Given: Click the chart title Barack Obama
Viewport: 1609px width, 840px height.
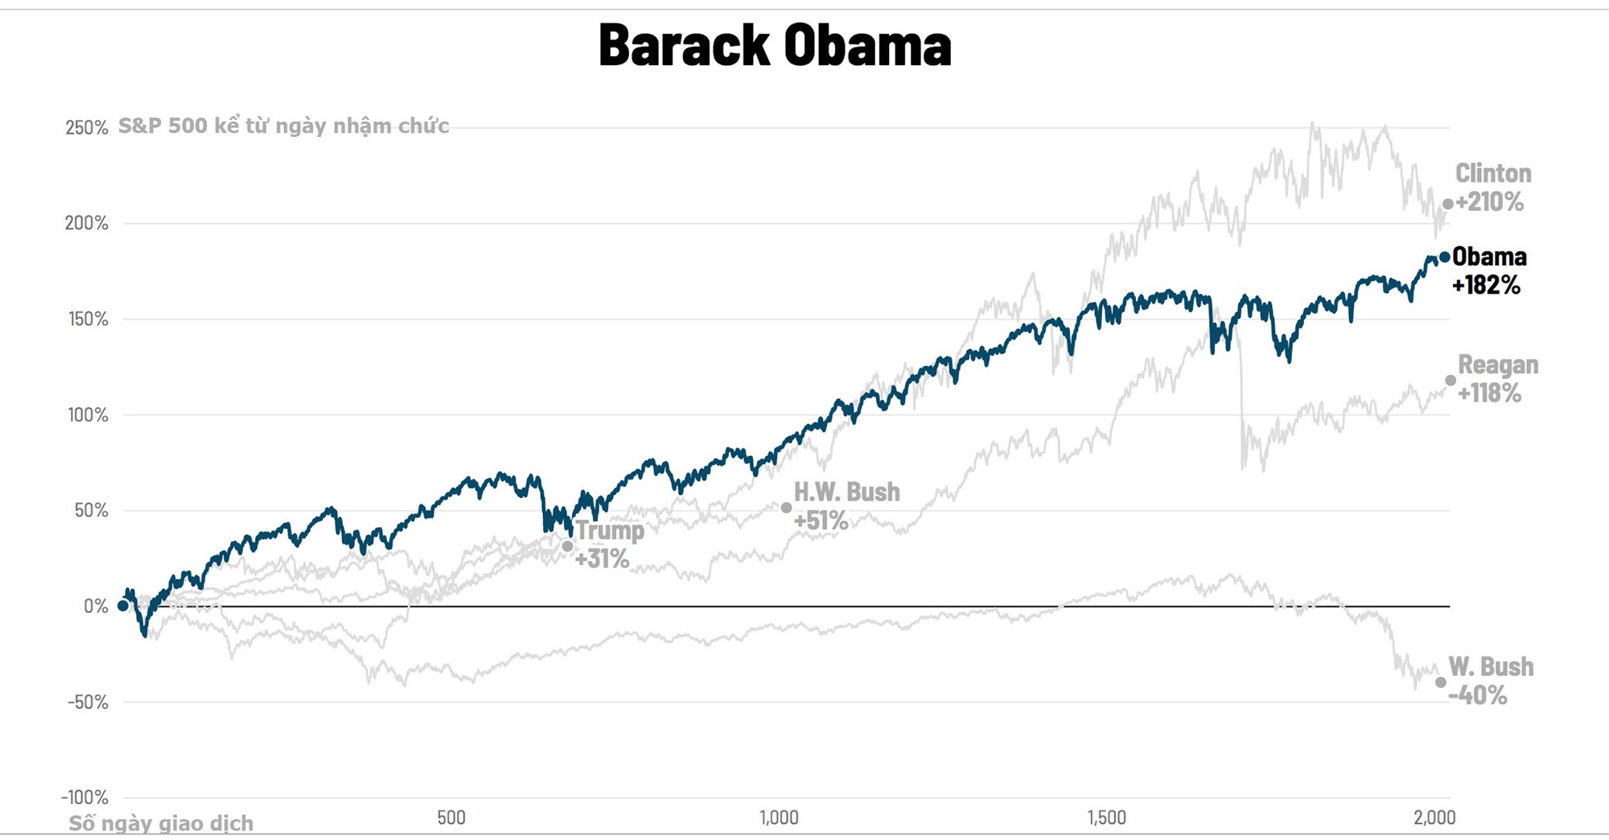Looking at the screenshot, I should point(775,46).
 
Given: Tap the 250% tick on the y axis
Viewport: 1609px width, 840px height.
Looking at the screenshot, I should point(86,128).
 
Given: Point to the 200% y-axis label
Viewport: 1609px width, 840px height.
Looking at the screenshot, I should point(86,224).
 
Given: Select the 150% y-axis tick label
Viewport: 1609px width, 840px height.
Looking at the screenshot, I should point(88,319).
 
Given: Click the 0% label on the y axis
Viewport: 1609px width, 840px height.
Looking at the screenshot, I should point(96,607).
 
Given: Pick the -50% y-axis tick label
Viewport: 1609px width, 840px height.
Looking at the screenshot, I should point(88,702).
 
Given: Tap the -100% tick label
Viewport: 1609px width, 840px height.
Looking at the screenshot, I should point(84,797).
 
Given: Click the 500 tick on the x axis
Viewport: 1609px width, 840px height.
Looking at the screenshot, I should point(451,818).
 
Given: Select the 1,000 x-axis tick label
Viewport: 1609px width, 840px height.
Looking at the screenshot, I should point(779,818).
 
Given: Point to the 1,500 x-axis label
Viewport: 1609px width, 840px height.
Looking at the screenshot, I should point(1106,818).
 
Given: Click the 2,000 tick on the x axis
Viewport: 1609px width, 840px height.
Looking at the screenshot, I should point(1434,818).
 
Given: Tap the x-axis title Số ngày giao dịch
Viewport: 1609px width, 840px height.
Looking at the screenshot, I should point(161,824).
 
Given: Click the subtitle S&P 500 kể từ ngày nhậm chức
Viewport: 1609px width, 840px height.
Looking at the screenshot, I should point(283,126).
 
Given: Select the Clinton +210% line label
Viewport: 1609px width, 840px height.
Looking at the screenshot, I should point(1492,187).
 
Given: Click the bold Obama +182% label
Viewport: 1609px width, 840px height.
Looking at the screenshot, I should point(1488,270).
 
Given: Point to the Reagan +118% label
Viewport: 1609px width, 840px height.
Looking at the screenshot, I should point(1497,379).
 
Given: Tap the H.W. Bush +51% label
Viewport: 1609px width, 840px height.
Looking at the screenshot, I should point(846,506).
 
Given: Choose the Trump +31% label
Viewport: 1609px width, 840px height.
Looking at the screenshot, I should point(609,544).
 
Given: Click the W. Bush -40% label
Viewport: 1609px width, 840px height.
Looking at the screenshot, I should point(1490,681).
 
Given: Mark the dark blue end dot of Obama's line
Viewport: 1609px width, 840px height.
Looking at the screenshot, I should point(1444,257).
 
